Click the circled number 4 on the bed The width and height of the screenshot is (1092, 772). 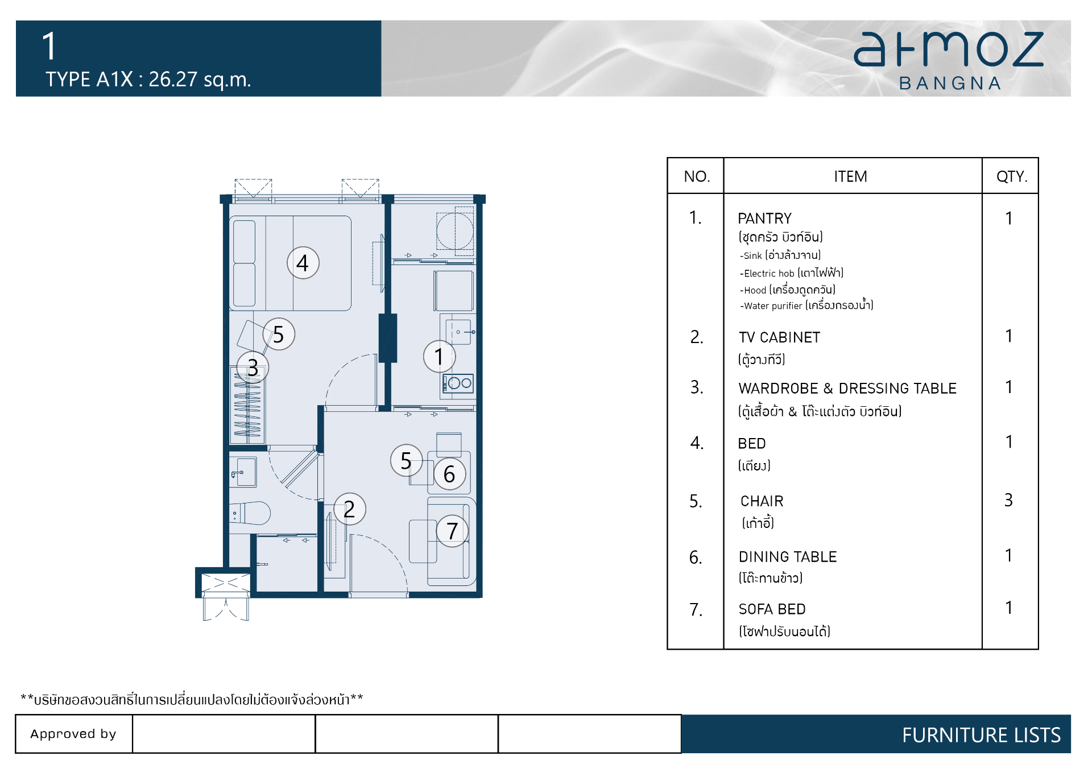pyautogui.click(x=303, y=263)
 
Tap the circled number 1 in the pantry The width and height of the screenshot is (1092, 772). pyautogui.click(x=439, y=357)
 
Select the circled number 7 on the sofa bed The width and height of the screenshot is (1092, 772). pyautogui.click(x=452, y=531)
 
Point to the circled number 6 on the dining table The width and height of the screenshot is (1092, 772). pyautogui.click(x=449, y=474)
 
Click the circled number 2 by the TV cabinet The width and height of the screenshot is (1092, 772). pyautogui.click(x=349, y=509)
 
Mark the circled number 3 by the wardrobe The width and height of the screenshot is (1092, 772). pyautogui.click(x=253, y=368)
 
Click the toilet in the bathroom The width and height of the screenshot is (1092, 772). pyautogui.click(x=250, y=513)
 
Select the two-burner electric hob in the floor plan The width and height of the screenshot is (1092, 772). pyautogui.click(x=458, y=383)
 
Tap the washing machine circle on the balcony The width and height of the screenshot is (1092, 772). pyautogui.click(x=454, y=230)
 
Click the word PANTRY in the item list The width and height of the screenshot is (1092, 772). pyautogui.click(x=764, y=218)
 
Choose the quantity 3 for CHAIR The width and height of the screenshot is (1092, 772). pyautogui.click(x=1008, y=500)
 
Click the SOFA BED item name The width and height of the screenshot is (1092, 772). pyautogui.click(x=772, y=609)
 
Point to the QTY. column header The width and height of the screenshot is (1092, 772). pyautogui.click(x=1012, y=176)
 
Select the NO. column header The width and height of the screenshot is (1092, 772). pyautogui.click(x=697, y=176)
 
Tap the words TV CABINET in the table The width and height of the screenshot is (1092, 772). pyautogui.click(x=779, y=337)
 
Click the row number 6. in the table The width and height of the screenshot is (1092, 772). pyautogui.click(x=696, y=558)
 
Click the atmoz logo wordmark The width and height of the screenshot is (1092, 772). pyautogui.click(x=949, y=49)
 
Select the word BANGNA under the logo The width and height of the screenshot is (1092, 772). pyautogui.click(x=950, y=84)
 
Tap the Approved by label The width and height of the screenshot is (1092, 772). pyautogui.click(x=73, y=734)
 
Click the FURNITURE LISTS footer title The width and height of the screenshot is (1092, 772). pyautogui.click(x=982, y=735)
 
